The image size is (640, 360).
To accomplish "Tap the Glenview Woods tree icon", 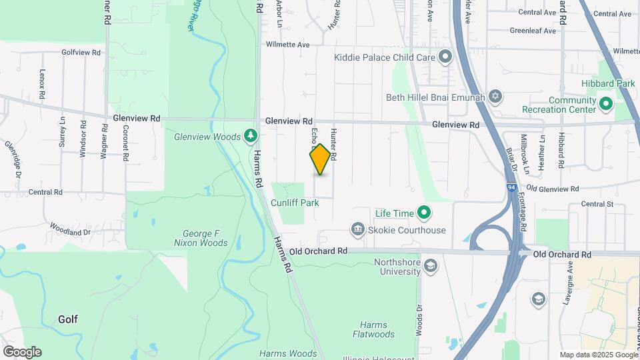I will point(251,137).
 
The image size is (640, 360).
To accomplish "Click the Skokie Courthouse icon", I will point(358,231).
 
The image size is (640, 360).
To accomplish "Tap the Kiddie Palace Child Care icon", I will point(445,57).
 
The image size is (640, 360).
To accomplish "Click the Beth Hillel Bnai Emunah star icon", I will point(494,97).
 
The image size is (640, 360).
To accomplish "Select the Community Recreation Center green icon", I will point(606,104).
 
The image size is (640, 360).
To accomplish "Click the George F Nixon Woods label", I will point(205,239).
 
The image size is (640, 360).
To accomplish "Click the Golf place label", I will point(68,319).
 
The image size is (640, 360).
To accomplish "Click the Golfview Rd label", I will point(81,51).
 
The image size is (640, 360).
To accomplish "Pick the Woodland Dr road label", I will point(69,231).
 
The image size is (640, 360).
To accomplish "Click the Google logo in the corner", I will point(22,351).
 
